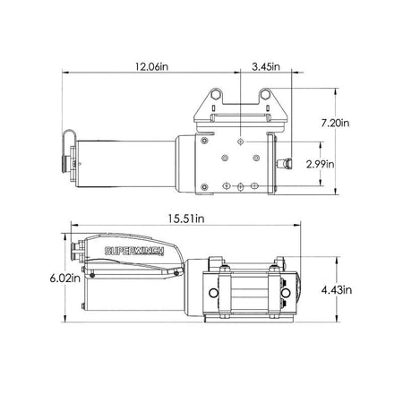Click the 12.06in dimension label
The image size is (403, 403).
(x=151, y=66)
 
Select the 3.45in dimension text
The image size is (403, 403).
(x=266, y=66)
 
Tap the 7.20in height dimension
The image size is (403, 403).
(x=335, y=123)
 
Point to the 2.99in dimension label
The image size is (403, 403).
(x=321, y=164)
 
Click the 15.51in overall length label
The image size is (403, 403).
(x=186, y=219)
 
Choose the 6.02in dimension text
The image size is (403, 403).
(x=65, y=279)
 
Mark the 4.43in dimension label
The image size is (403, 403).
(x=337, y=289)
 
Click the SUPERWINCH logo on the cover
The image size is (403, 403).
(x=134, y=251)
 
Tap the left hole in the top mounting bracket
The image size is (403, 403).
(x=215, y=94)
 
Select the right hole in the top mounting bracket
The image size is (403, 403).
(x=264, y=94)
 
